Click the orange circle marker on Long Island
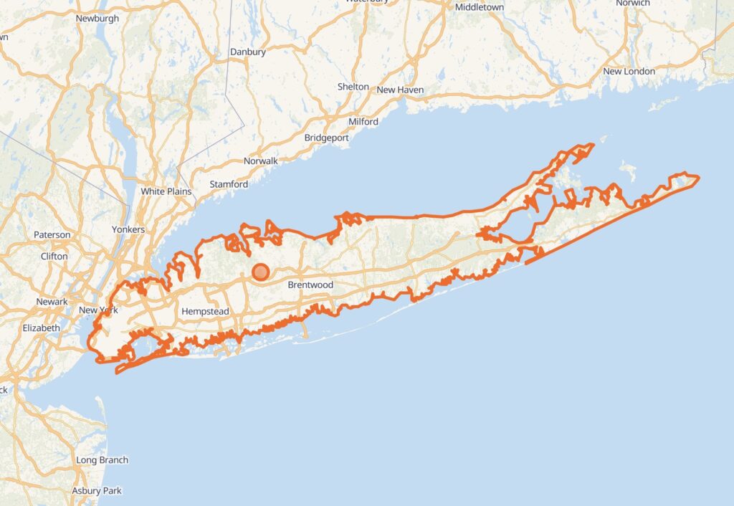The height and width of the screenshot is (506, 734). tap(261, 272)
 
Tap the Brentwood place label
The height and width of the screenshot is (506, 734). tap(310, 285)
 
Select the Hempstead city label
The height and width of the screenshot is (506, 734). tap(205, 312)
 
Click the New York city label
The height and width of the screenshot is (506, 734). tap(98, 310)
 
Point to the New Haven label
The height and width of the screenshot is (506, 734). tap(400, 90)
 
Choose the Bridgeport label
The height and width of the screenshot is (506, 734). tap(326, 138)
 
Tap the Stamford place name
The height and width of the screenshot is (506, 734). tap(229, 185)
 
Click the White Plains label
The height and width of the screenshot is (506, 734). tap(163, 191)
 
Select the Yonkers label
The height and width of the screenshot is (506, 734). tap(128, 229)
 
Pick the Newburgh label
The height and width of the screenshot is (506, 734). tap(97, 19)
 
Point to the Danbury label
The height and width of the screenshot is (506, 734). tap(248, 52)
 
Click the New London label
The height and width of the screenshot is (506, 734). tap(629, 72)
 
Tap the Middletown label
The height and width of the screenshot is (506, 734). tap(480, 7)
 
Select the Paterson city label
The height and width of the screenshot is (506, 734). tap(52, 234)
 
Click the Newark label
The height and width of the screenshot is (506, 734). tap(52, 302)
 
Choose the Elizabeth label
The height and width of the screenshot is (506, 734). tap(42, 328)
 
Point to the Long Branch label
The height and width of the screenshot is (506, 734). tap(103, 460)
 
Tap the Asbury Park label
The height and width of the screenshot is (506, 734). tap(97, 491)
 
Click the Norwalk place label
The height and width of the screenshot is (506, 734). tap(261, 161)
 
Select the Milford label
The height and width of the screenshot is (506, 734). tap(363, 122)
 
